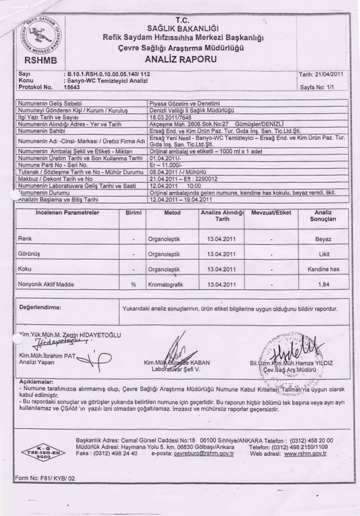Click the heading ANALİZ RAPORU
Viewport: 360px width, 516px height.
coord(181,59)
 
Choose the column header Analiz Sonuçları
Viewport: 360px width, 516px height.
coord(323,216)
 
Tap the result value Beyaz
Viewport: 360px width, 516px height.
coord(323,239)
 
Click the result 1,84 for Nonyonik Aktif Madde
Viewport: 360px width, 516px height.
coord(323,285)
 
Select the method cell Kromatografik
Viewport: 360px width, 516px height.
coord(165,285)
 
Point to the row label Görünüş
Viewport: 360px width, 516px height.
coord(29,254)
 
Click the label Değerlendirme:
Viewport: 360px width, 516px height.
coord(40,307)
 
